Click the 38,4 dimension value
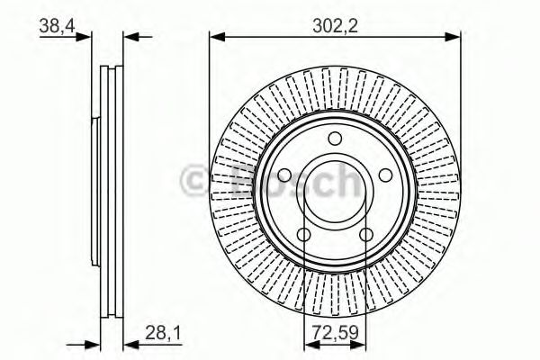(55, 27)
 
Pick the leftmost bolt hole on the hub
(283, 176)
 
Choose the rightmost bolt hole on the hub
(387, 176)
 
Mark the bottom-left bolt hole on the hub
(303, 236)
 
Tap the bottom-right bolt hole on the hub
(366, 236)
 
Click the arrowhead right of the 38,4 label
(85, 37)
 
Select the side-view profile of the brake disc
(109, 189)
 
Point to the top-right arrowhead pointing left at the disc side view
(129, 37)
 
